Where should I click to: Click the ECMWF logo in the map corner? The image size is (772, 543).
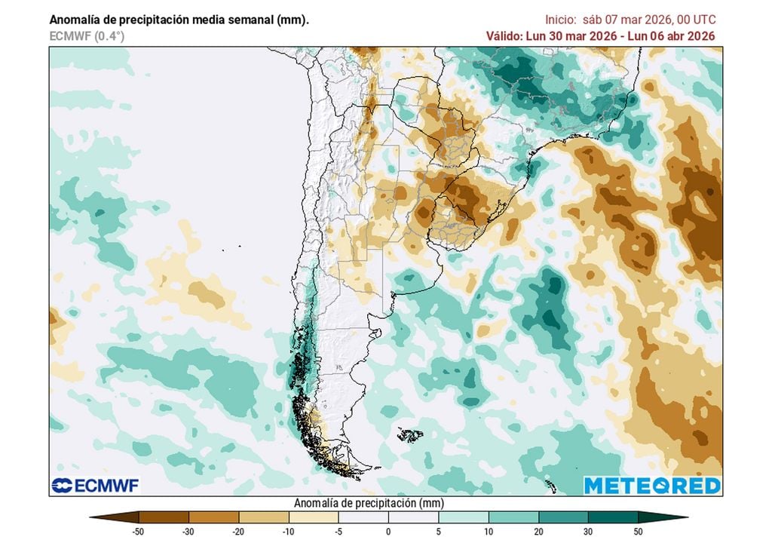[x=95, y=485]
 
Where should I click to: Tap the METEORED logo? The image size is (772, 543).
[x=652, y=485]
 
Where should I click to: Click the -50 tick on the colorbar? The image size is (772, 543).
[x=139, y=532]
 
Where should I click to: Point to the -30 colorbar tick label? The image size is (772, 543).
[x=189, y=532]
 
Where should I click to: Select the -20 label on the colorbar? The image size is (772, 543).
[x=239, y=532]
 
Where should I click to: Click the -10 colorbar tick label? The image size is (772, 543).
[x=289, y=532]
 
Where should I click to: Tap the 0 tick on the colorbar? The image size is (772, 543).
[x=388, y=532]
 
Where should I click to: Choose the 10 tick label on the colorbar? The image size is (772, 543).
[x=489, y=532]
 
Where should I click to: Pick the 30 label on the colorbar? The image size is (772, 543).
[x=588, y=532]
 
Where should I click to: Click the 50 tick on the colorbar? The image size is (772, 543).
[x=638, y=532]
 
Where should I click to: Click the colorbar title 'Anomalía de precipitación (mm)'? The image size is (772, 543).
[x=368, y=503]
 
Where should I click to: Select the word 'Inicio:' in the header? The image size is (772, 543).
[x=562, y=20]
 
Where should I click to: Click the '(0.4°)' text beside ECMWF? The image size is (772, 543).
[x=109, y=35]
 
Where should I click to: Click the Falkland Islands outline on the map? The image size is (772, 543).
[x=411, y=435]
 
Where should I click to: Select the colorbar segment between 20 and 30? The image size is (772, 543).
[x=563, y=518]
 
